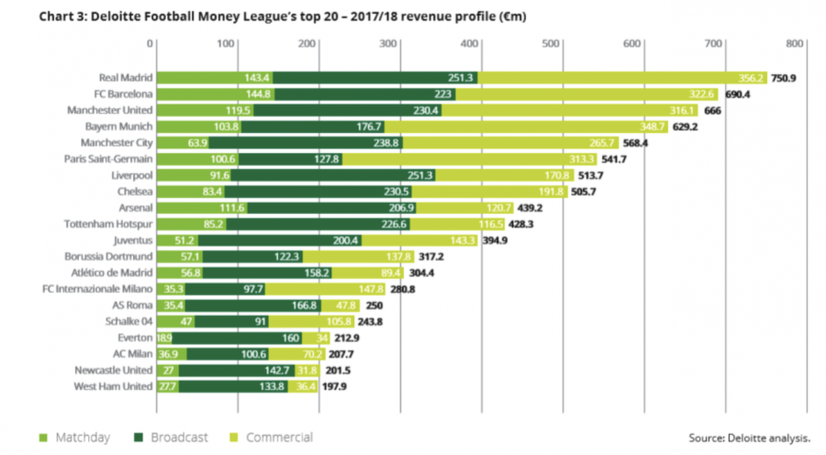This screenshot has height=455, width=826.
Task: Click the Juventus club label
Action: (130, 240)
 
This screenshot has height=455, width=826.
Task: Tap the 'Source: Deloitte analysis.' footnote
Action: (749, 438)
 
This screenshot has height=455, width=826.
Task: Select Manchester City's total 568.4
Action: (637, 142)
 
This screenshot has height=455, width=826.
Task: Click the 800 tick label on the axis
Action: (795, 42)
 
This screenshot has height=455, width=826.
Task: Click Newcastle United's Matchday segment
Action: (168, 371)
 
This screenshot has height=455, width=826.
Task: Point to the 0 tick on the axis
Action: (150, 42)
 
